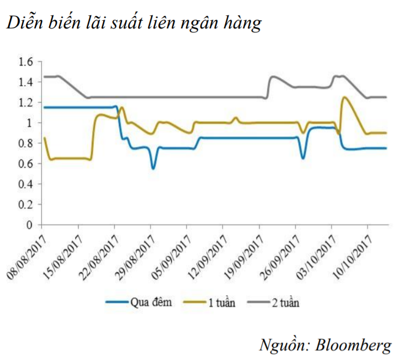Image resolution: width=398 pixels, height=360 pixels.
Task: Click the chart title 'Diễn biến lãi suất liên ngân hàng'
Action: point(134,23)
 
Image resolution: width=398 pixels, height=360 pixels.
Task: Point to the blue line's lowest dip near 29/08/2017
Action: point(153,168)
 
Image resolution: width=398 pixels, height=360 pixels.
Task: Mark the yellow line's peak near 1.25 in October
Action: point(344,98)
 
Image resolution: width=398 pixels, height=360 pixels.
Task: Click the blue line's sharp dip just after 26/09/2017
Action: point(303,158)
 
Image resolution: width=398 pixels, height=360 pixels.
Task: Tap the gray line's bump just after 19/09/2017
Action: point(272,77)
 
